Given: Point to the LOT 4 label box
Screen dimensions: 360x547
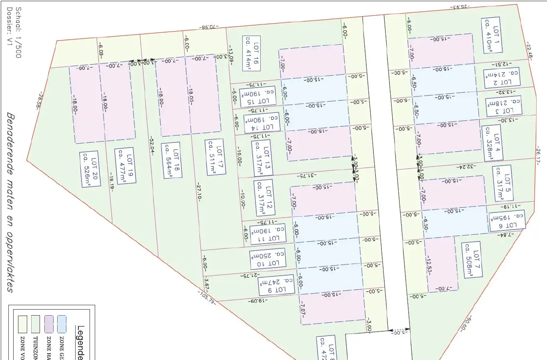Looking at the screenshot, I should tap(493, 143).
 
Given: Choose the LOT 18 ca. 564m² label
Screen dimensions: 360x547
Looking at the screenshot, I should tap(172, 160).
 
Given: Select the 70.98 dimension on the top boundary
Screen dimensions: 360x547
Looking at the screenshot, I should tap(208, 27).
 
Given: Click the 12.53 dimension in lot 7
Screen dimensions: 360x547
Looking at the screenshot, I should tap(429, 265).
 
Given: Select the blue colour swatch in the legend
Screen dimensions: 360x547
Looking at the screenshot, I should tap(62, 324).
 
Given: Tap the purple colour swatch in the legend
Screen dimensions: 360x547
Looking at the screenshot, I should tap(49, 324).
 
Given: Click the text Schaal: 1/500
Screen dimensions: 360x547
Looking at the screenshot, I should tap(18, 32).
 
